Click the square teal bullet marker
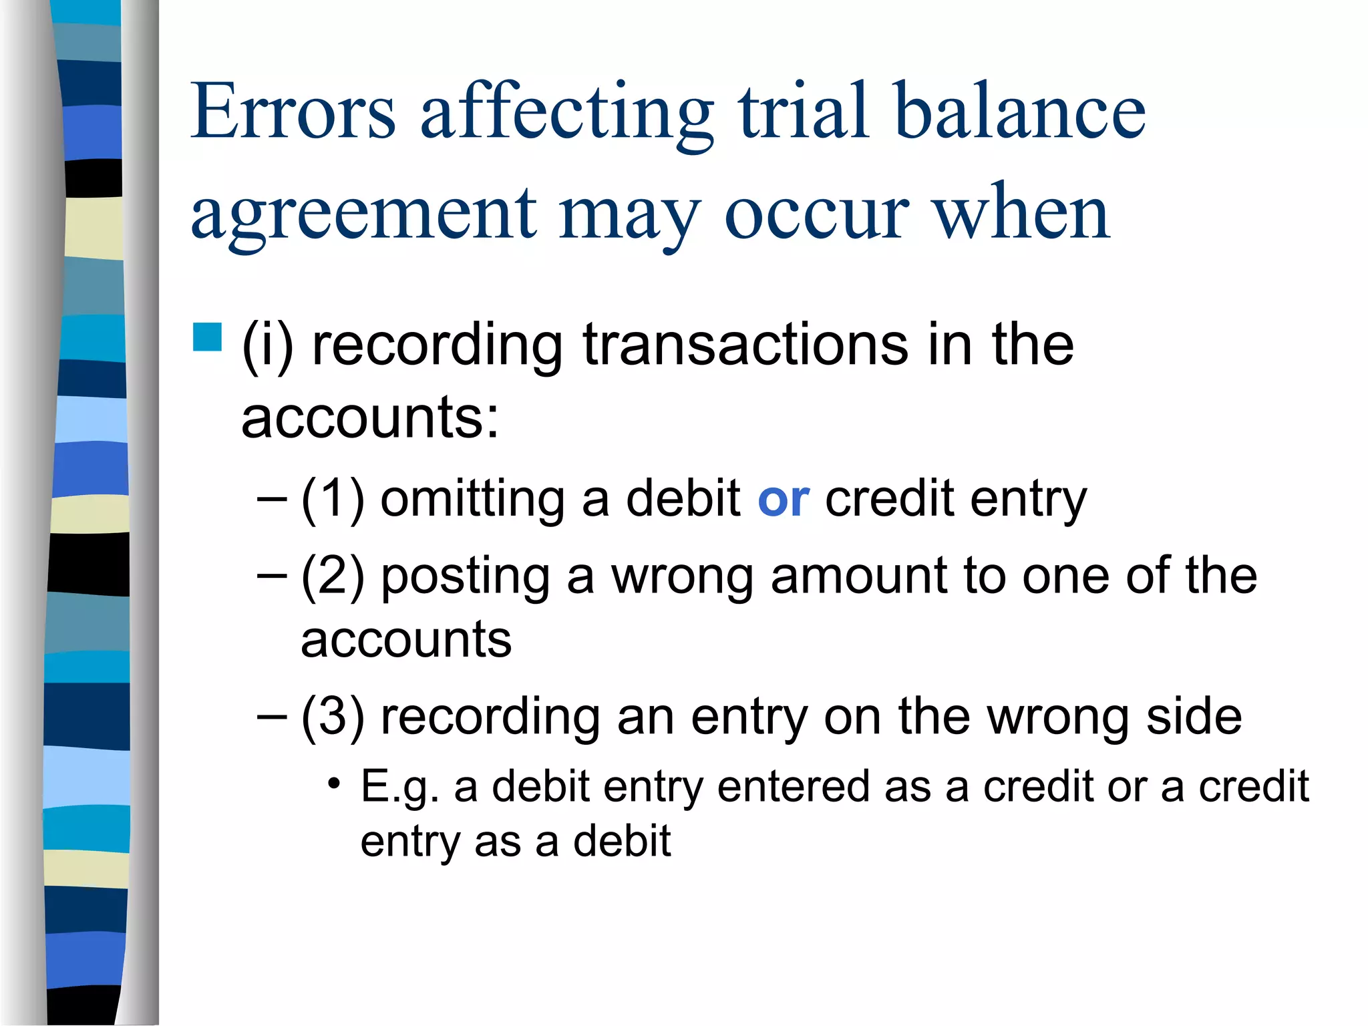pyautogui.click(x=207, y=337)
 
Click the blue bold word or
pyautogui.click(x=784, y=499)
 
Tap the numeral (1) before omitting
pyautogui.click(x=333, y=499)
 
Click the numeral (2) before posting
pyautogui.click(x=333, y=576)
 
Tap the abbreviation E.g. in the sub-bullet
pyautogui.click(x=399, y=787)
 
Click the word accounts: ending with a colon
pyautogui.click(x=370, y=418)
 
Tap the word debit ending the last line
pyautogui.click(x=622, y=842)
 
